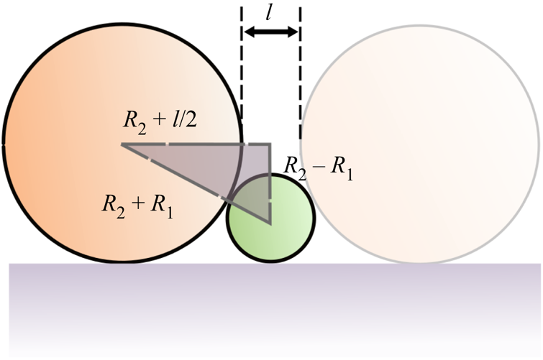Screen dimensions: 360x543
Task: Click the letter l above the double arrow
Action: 271,12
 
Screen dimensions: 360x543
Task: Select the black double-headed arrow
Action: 270,32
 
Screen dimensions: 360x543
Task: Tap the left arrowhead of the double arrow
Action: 248,32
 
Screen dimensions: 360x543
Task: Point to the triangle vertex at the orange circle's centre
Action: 122,144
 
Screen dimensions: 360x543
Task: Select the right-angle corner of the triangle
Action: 270,144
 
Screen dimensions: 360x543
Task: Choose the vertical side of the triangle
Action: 270,183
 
